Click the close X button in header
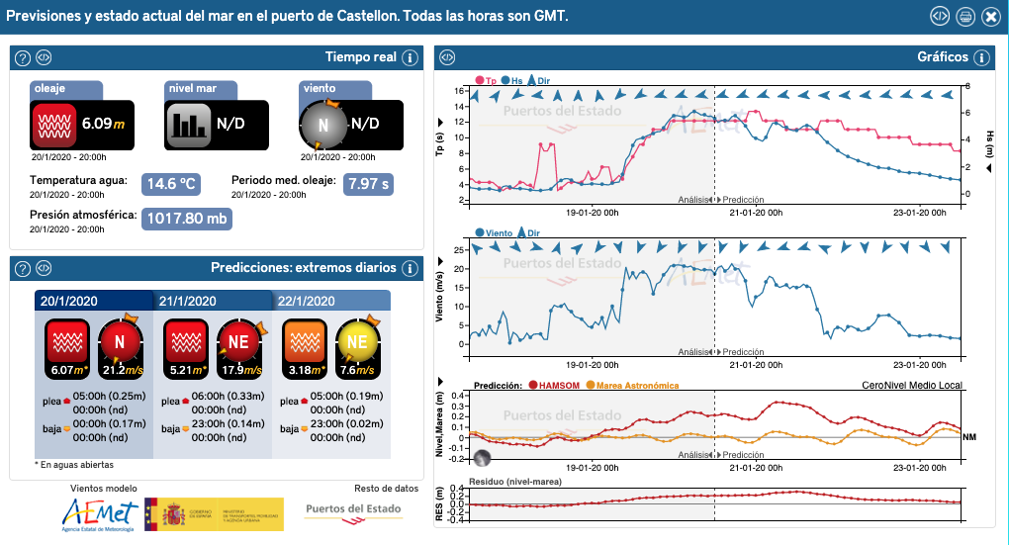[990, 17]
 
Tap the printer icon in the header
[965, 17]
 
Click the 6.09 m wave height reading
[103, 124]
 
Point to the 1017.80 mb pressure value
[187, 219]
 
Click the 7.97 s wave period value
[369, 184]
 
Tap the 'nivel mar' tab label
[194, 89]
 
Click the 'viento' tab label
[319, 89]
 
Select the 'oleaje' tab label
[50, 89]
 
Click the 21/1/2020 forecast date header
[189, 301]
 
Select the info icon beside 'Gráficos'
[981, 57]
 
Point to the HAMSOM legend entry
[555, 386]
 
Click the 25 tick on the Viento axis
[459, 250]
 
